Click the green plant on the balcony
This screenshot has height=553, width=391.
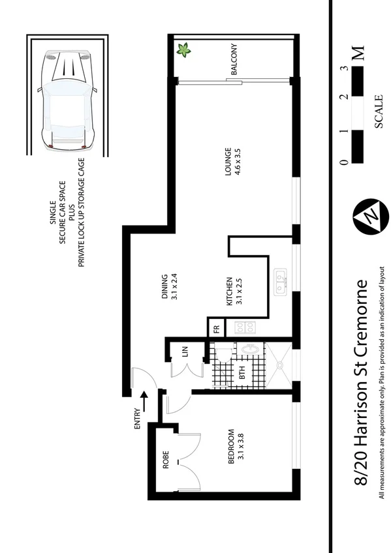point(184,50)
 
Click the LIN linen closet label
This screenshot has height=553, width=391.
point(185,351)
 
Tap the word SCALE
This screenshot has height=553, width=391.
point(379,112)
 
